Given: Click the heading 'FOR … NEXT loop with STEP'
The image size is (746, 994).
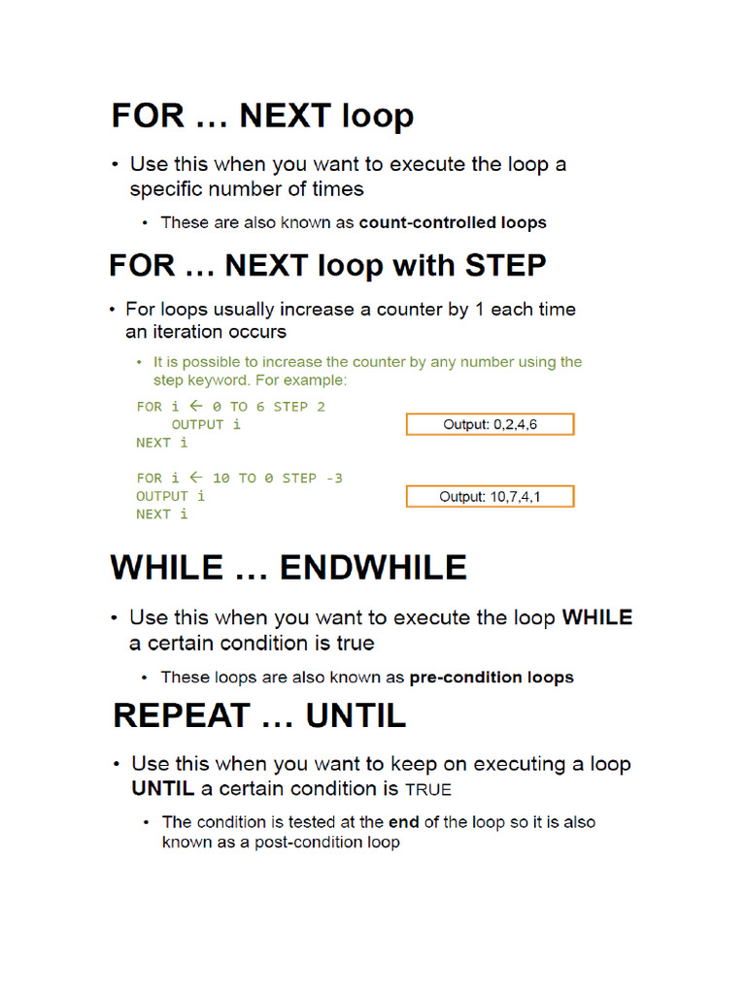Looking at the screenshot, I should point(327,265).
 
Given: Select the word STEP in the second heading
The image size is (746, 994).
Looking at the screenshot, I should point(505,265).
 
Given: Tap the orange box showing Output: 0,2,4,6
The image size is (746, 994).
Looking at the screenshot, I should point(490,424).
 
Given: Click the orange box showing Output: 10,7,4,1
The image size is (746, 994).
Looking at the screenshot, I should point(490,496).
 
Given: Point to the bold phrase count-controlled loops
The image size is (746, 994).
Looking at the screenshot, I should point(453,222).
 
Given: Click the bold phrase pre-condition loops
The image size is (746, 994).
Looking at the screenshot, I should point(492,677).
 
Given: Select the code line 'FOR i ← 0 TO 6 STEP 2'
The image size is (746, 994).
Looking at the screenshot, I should point(231,407).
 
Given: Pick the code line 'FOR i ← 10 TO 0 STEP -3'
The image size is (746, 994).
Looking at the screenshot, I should point(239,478).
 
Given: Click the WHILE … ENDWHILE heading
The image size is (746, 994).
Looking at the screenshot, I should point(288,568).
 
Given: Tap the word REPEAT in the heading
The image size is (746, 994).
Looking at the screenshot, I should point(181,716).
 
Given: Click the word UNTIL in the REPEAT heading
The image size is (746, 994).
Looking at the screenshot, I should point(356,716).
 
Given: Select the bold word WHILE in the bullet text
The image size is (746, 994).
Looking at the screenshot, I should point(596,617).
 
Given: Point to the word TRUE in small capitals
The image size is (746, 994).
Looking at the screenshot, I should point(428,789).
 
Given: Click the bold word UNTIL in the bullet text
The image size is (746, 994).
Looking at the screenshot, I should point(163,788).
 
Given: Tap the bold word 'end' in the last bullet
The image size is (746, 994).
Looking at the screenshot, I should point(403,822).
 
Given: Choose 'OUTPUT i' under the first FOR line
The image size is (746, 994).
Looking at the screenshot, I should point(206,424).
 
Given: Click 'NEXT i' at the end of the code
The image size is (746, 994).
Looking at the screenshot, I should point(161,514).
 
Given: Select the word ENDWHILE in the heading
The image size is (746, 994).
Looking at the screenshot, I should point(373,568).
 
